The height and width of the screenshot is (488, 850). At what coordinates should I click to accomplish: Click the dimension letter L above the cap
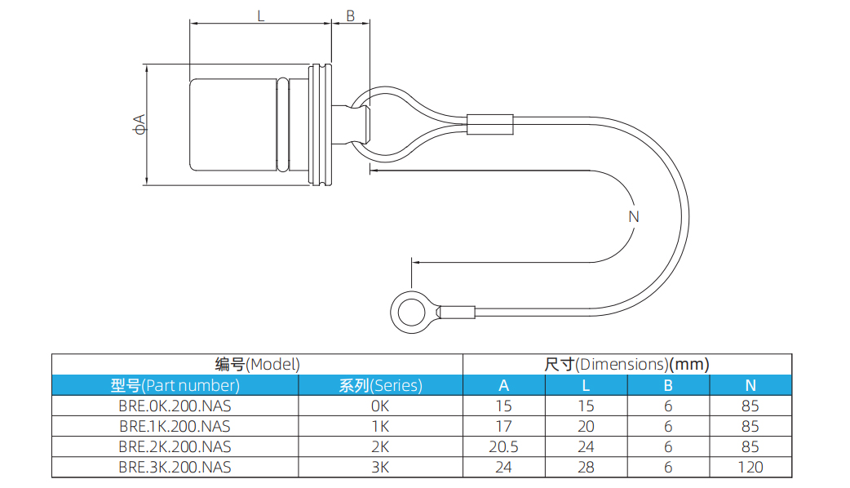click(x=260, y=16)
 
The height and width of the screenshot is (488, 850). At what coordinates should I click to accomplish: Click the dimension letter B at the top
click(x=350, y=16)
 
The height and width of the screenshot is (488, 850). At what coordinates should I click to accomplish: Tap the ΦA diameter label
click(x=139, y=124)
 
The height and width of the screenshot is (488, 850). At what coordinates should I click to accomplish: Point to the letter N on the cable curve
click(x=634, y=216)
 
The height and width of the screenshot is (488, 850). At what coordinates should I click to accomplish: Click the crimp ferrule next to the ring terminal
click(x=457, y=312)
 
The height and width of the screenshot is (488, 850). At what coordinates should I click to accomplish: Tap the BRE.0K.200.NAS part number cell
click(x=175, y=406)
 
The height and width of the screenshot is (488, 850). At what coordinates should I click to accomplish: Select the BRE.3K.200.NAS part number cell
click(x=175, y=468)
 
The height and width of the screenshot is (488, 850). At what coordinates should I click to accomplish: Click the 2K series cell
click(x=380, y=447)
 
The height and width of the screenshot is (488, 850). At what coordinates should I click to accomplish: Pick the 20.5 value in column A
click(x=503, y=447)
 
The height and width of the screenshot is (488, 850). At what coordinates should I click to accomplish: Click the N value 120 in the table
click(x=750, y=468)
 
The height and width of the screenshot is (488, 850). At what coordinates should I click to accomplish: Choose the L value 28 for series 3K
click(x=586, y=468)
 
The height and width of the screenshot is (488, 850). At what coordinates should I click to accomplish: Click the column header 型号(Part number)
click(x=175, y=385)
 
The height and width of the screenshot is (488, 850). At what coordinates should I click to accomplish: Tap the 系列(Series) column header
click(x=380, y=385)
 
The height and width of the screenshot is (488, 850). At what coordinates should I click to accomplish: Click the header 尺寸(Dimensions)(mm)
click(x=626, y=364)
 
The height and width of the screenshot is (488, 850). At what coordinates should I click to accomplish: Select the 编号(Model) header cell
click(x=257, y=364)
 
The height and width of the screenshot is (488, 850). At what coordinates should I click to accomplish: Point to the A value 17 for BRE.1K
click(x=503, y=426)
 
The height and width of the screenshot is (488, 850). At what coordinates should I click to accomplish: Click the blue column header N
click(x=750, y=385)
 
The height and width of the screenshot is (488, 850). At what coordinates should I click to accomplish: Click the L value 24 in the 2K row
click(x=586, y=447)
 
